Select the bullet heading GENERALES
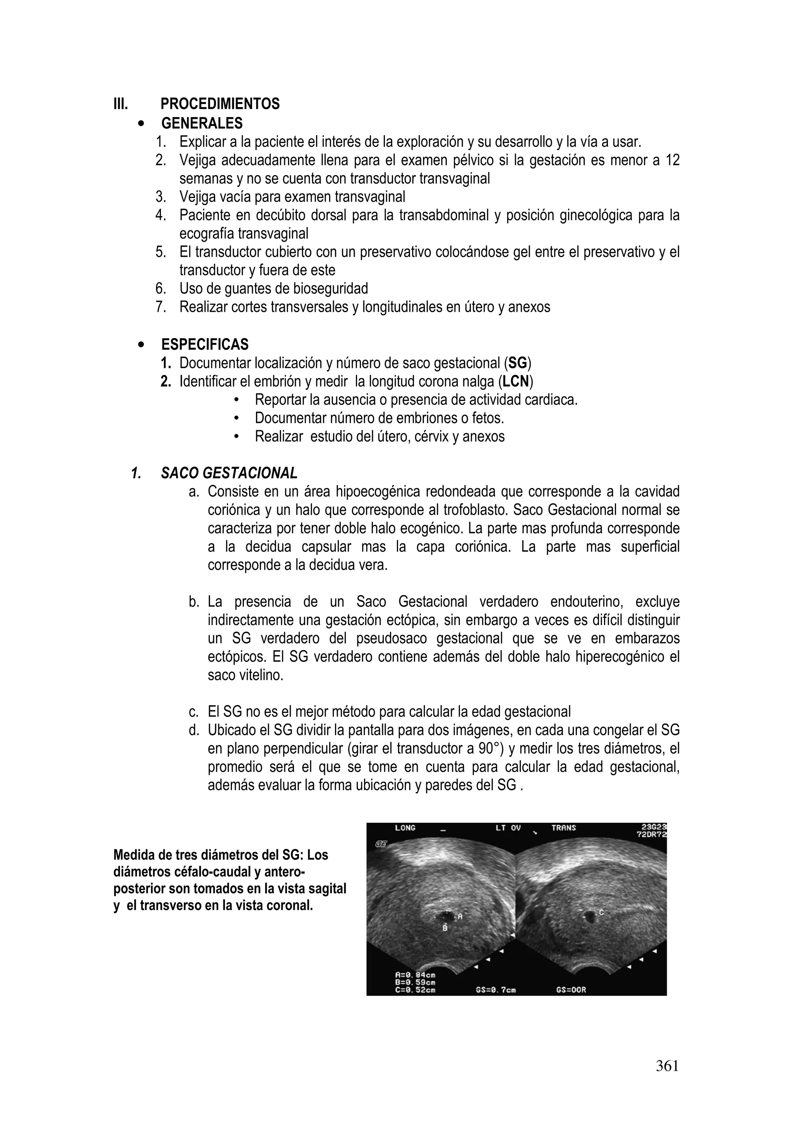(202, 123)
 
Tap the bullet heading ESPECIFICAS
(205, 345)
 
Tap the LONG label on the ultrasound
(405, 828)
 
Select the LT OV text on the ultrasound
(508, 828)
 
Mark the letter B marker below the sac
(445, 928)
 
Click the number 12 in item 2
(672, 160)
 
